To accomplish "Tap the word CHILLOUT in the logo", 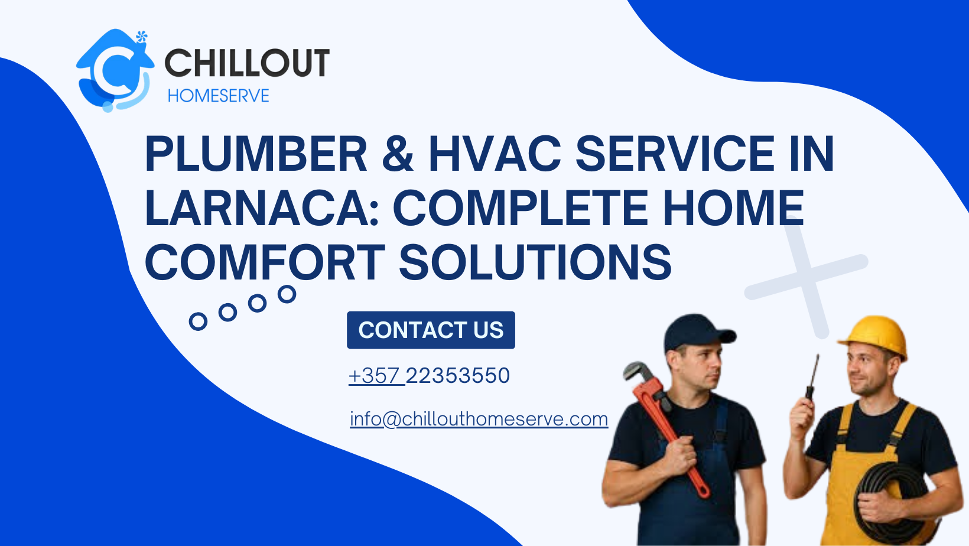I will tap(246, 63).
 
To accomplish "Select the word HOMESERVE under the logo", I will tap(218, 96).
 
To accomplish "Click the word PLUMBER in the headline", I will tap(256, 154).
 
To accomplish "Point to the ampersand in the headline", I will tap(398, 154).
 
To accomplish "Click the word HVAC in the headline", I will tap(495, 154).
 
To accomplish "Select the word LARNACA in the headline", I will tap(262, 209).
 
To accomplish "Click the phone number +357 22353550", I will tap(429, 376).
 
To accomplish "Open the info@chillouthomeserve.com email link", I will tap(479, 419).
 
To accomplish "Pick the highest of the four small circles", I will tap(287, 294).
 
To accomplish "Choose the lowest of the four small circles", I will tap(198, 321).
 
